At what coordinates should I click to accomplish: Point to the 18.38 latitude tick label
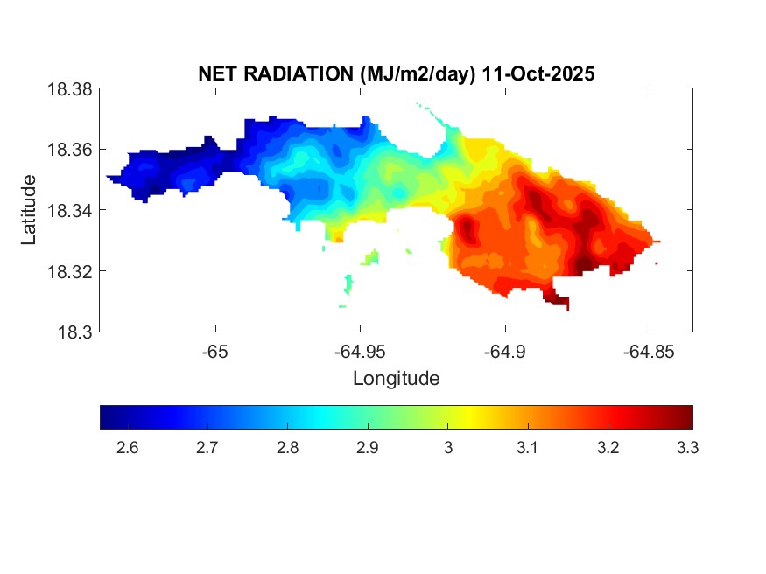coord(69,88)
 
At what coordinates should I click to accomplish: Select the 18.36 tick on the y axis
coord(69,150)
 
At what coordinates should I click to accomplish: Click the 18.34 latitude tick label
coord(69,210)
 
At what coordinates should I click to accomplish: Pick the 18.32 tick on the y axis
coord(69,271)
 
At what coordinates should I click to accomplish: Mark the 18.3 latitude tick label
coord(74,332)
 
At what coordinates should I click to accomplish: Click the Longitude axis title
coord(396,379)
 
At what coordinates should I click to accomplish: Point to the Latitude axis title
coord(30,210)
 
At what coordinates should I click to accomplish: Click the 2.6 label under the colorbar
coord(127,449)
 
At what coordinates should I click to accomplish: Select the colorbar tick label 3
coord(447,449)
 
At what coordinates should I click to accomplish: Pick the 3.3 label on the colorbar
coord(687,449)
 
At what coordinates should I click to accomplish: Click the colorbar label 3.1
coord(528,449)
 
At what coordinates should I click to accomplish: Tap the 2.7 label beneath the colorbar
coord(207,449)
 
